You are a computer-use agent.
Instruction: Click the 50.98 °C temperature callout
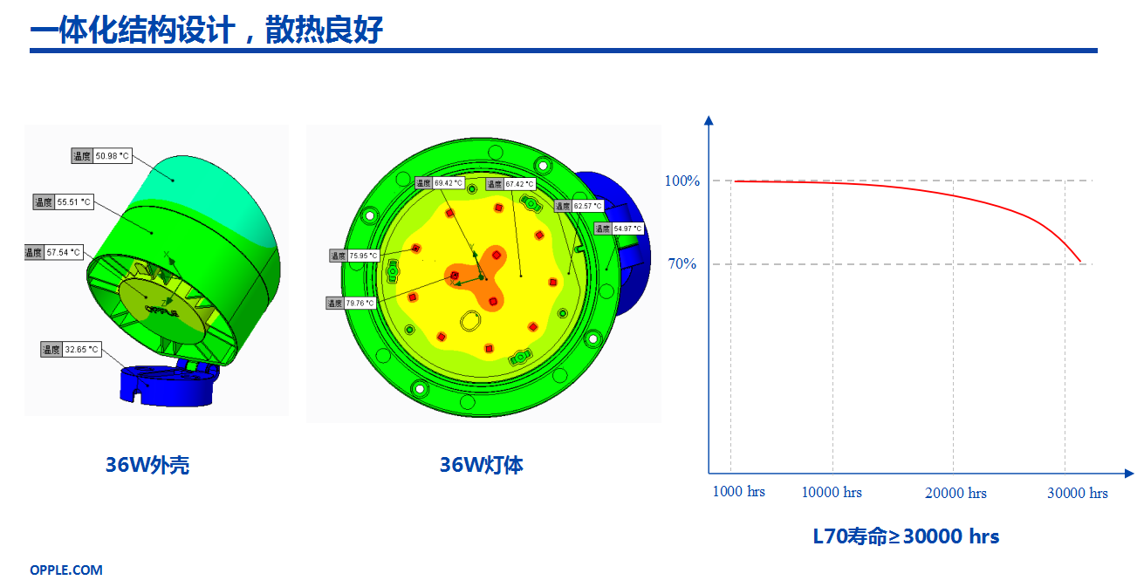coord(101,156)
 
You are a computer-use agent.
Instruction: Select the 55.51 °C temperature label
coord(64,202)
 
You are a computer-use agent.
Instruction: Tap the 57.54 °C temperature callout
coord(54,252)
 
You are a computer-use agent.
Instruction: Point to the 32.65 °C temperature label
coord(71,350)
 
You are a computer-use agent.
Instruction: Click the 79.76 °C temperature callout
coord(352,303)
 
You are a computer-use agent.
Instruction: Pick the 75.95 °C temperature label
coord(354,256)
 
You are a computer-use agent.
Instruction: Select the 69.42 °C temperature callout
coord(440,182)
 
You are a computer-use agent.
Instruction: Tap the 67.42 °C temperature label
coord(510,184)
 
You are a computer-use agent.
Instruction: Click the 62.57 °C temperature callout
coord(579,206)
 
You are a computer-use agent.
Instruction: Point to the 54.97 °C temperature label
coord(620,229)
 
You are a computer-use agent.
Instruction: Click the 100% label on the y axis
coord(682,181)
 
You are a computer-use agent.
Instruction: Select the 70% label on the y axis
coord(682,263)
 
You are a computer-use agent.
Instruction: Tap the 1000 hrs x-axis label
coord(738,491)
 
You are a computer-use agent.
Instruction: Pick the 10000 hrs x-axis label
coord(832,492)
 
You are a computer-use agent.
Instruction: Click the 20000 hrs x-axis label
coord(955,493)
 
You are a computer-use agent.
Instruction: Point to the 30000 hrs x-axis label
coord(1077,493)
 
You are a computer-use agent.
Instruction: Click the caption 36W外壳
coord(147,465)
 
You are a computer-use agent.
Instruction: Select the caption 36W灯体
coord(481,465)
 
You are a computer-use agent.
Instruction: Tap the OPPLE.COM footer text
coord(66,570)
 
